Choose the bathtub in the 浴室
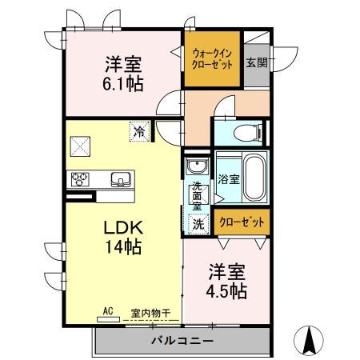(x=255, y=178)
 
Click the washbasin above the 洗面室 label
(x=197, y=167)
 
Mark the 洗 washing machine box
(x=198, y=225)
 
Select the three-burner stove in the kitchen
(x=80, y=178)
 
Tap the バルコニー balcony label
(x=182, y=342)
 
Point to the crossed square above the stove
(x=80, y=146)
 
